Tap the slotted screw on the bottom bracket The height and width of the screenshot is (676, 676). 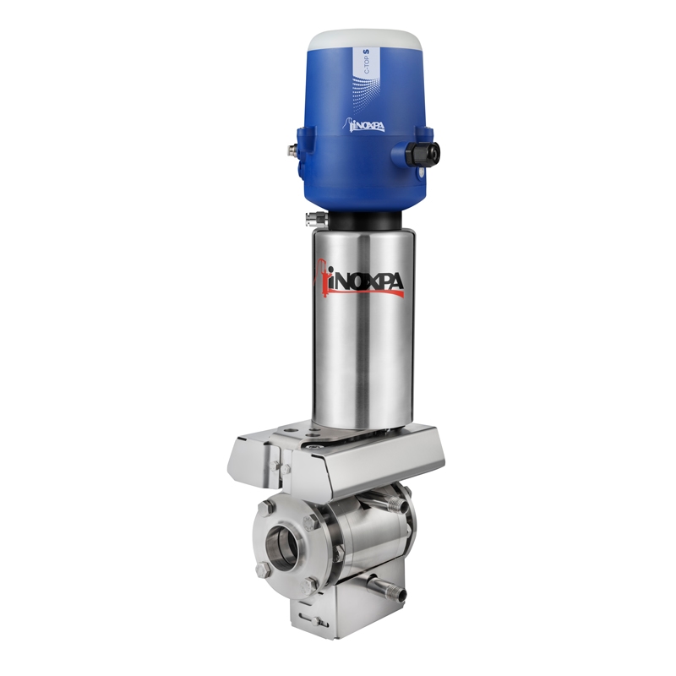point(319,622)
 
